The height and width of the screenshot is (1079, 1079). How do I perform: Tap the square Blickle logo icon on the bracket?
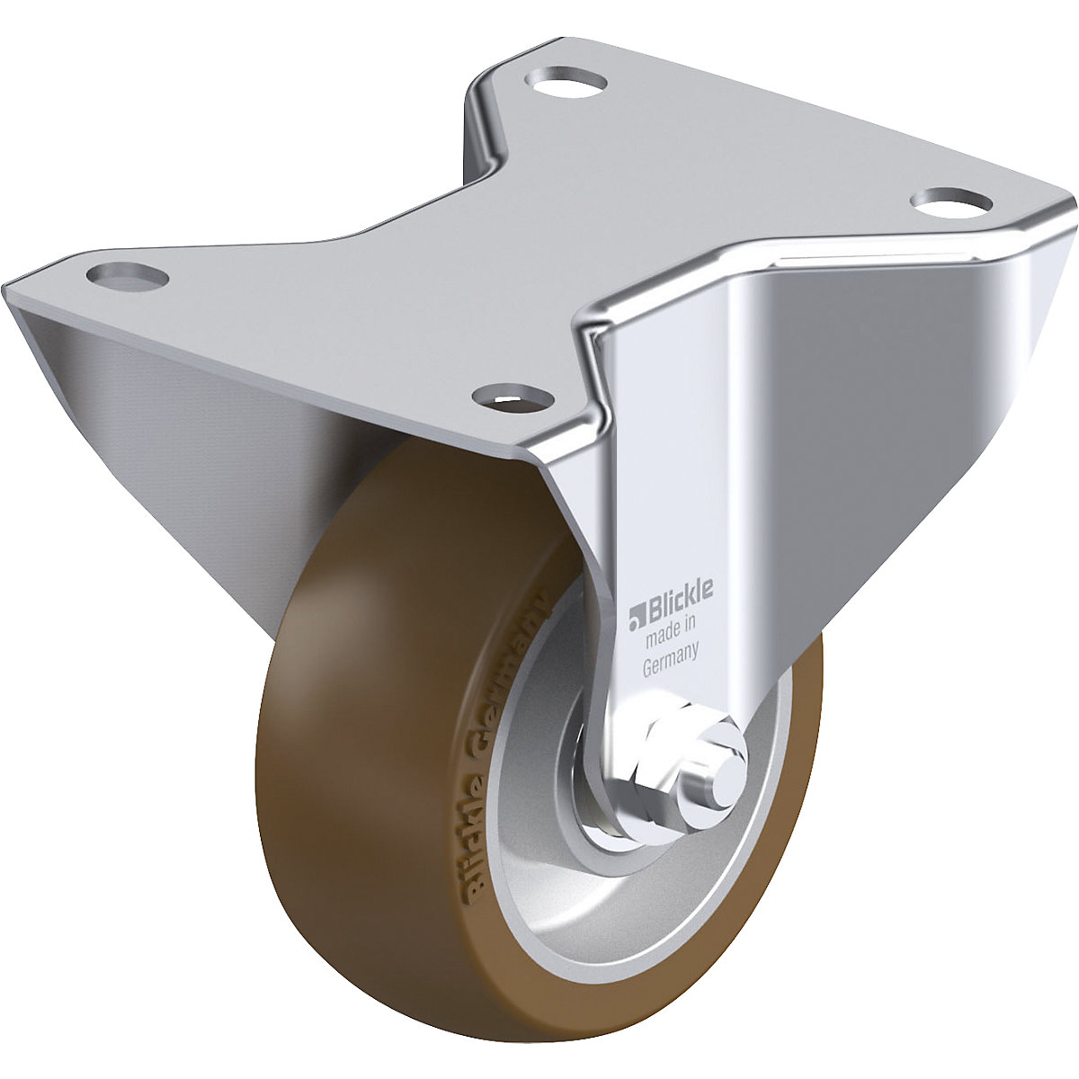(637, 619)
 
